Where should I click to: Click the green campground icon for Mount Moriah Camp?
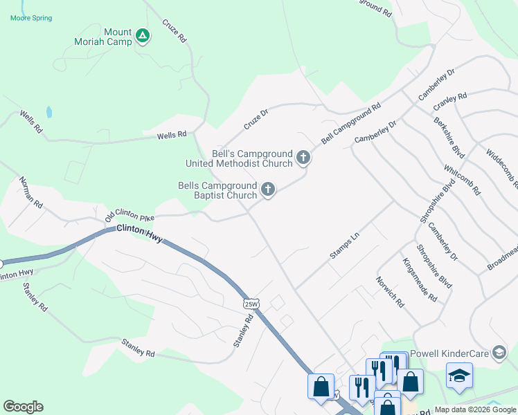click(x=143, y=35)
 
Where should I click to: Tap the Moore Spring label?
click(x=31, y=18)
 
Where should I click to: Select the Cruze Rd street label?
click(x=175, y=32)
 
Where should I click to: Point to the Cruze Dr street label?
click(x=256, y=119)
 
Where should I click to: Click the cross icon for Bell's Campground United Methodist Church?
click(x=303, y=158)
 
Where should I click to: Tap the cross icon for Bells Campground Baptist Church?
click(x=268, y=190)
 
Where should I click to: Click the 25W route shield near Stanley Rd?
click(x=251, y=303)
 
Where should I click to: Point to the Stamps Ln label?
click(x=345, y=246)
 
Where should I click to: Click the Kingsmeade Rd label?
click(x=420, y=280)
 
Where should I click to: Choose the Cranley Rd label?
click(x=450, y=102)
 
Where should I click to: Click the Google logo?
click(x=23, y=407)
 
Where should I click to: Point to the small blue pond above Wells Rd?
click(x=48, y=111)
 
